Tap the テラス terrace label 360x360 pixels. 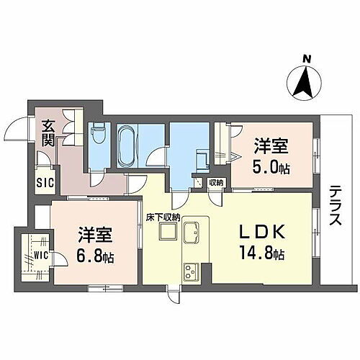[336, 207]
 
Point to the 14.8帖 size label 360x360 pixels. [260, 254]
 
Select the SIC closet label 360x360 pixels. [45, 182]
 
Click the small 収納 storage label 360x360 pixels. [216, 183]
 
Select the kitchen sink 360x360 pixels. [193, 233]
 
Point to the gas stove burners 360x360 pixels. [193, 273]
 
